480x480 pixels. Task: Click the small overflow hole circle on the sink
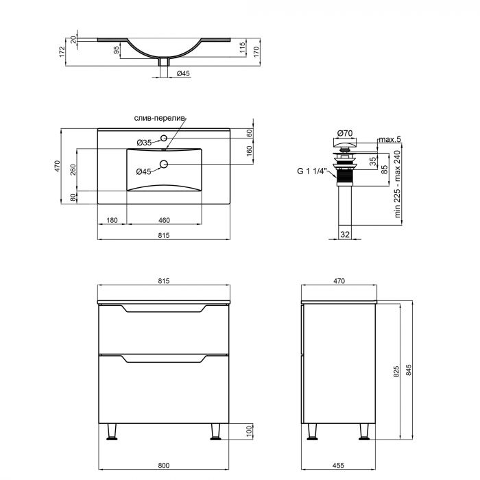(x=164, y=138)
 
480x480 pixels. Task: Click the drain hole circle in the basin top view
(x=164, y=164)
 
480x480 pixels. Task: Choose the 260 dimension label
(x=71, y=169)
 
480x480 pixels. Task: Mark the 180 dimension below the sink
(x=112, y=220)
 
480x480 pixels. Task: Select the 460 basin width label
(x=164, y=220)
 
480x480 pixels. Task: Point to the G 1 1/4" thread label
(x=311, y=171)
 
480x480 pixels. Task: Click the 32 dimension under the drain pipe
(x=345, y=234)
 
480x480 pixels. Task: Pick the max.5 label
(x=389, y=140)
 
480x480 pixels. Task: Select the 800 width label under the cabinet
(x=164, y=466)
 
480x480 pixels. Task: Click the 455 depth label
(x=339, y=466)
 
